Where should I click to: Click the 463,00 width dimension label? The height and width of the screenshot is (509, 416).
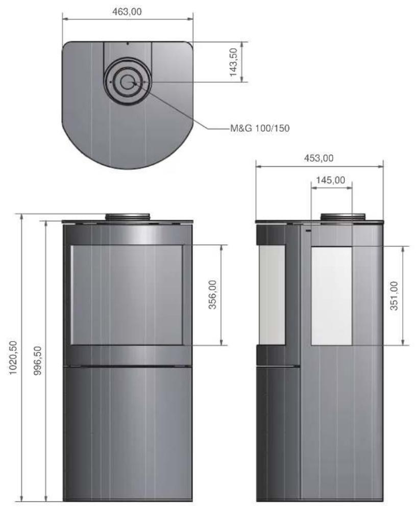tap(127, 12)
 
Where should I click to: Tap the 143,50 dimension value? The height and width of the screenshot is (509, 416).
tap(234, 62)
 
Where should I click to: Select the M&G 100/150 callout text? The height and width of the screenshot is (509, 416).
tap(260, 128)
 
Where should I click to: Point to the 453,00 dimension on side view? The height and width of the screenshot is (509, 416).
tap(319, 158)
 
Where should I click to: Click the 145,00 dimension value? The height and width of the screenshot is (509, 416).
tap(331, 180)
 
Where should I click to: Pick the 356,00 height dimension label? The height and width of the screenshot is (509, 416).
tap(212, 294)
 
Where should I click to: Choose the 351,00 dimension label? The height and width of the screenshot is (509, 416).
tap(394, 296)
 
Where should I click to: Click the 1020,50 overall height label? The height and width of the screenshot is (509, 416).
tap(13, 358)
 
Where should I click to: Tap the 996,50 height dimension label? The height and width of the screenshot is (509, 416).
tap(38, 361)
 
